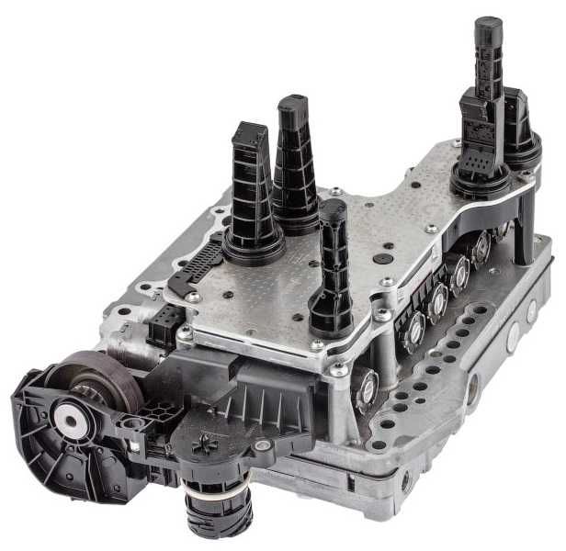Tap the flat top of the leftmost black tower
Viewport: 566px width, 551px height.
(x=248, y=131)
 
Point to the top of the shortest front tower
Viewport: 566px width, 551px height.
(x=333, y=207)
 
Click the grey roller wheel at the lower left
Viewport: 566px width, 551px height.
(x=109, y=376)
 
